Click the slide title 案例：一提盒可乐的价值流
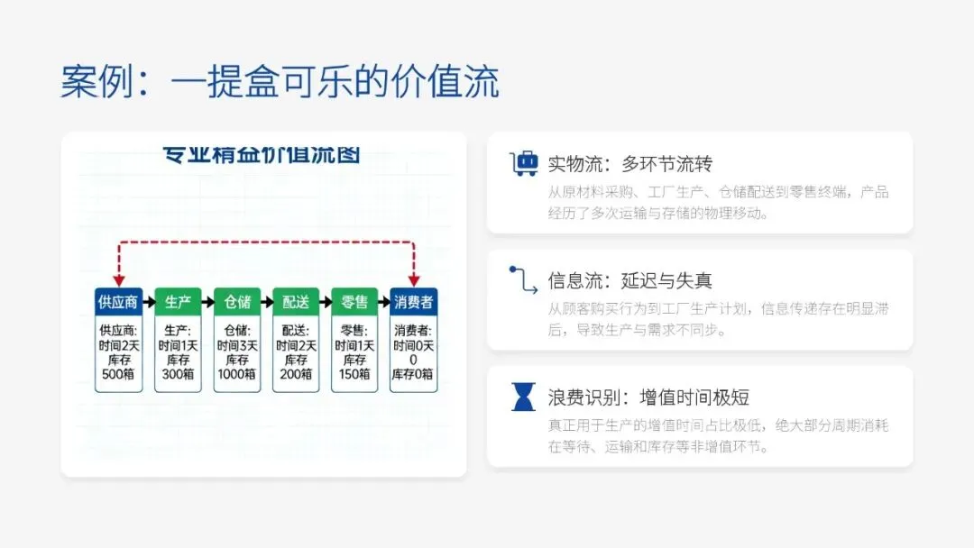tap(280, 82)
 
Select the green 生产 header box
tap(178, 301)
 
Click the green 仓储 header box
tap(237, 301)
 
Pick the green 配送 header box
tap(296, 301)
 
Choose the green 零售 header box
tap(354, 301)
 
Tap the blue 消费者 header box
tap(414, 301)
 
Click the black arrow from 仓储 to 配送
tap(266, 301)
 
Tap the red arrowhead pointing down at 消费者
tap(414, 280)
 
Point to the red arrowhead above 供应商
tap(119, 280)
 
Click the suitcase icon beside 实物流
tap(524, 164)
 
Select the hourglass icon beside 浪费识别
tap(524, 397)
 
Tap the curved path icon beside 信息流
tap(524, 280)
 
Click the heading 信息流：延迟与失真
tap(630, 280)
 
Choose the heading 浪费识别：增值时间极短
tap(648, 397)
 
